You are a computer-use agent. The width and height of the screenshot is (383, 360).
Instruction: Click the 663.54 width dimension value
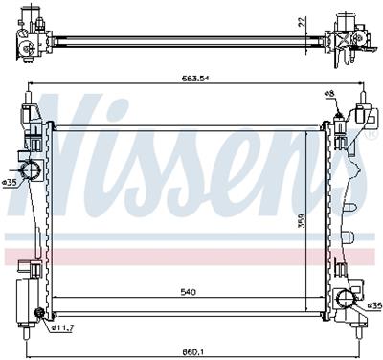[194, 79]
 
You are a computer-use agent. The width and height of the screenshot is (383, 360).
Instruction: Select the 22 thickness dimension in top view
[302, 21]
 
